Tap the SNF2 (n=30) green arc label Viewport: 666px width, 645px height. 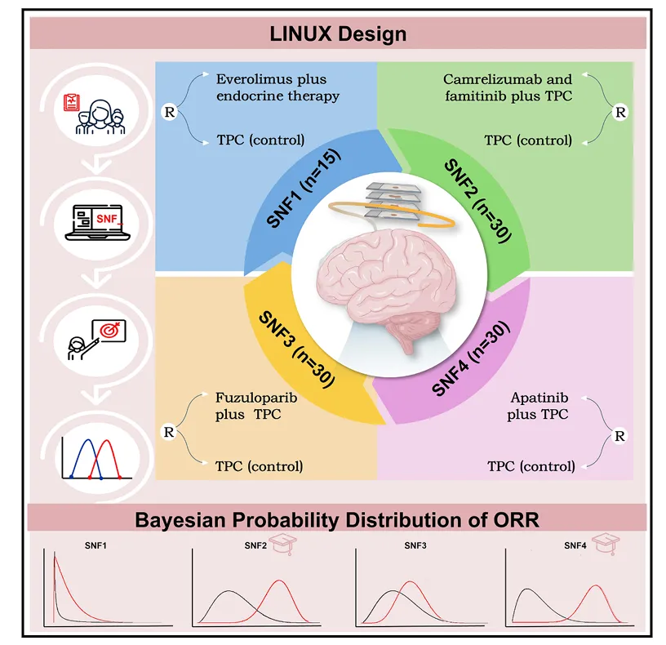(478, 199)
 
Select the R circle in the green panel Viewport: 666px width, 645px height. (619, 111)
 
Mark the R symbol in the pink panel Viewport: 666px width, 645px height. (619, 436)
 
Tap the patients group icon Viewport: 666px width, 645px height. (92, 113)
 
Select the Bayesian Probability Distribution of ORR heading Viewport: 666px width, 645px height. (338, 520)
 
